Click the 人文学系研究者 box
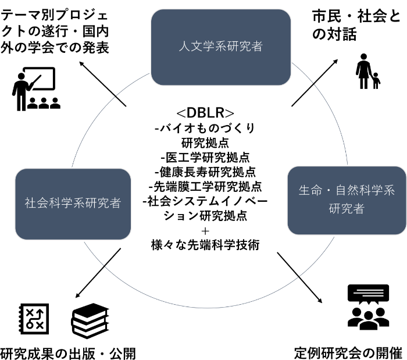(x=221, y=47)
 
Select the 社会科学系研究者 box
(x=73, y=204)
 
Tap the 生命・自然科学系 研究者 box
(x=347, y=201)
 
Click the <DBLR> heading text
(x=205, y=113)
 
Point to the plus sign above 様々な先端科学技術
(x=205, y=231)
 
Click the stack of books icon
(x=90, y=321)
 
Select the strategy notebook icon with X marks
(x=34, y=319)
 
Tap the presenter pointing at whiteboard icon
(x=36, y=89)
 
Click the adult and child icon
(x=368, y=72)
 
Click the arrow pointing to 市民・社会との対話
(x=315, y=83)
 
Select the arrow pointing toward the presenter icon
(x=103, y=84)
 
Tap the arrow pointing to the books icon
(x=98, y=273)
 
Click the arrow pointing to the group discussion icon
(x=299, y=277)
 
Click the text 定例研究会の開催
(x=348, y=353)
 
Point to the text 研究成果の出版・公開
(x=68, y=354)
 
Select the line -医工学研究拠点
(x=205, y=157)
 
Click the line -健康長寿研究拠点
(x=205, y=172)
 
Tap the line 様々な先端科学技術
(x=205, y=245)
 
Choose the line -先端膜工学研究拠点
(x=205, y=186)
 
